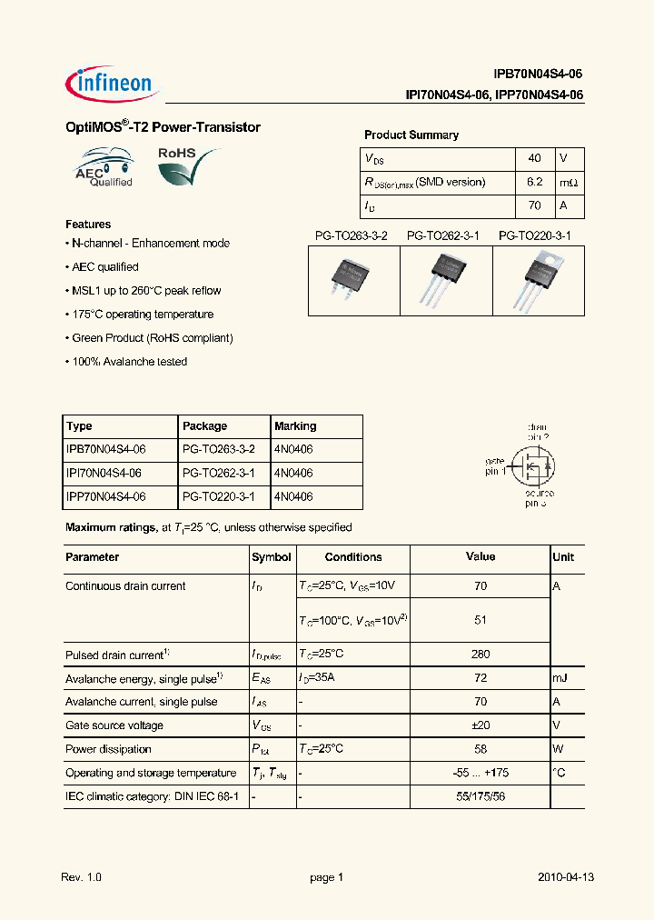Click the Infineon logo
coord(113,83)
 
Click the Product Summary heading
coord(411,135)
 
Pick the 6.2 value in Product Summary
coord(534,182)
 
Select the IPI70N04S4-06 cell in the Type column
coord(105,474)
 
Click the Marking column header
coord(295,426)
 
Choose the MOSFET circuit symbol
coord(533,465)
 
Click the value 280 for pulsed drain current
coord(481,655)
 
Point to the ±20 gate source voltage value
coord(481,725)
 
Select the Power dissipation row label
coord(108,749)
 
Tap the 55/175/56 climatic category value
coord(481,796)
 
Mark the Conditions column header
coord(353,557)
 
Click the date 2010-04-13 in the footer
coord(565,877)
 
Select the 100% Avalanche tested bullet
coord(128,362)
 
